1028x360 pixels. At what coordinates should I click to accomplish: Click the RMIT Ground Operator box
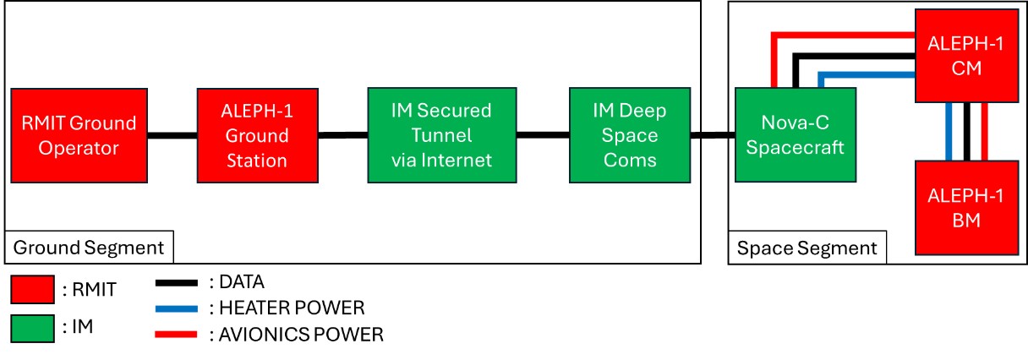[x=79, y=135]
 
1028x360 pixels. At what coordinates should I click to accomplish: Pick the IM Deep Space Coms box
[x=630, y=135]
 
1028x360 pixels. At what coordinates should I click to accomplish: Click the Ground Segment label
[x=89, y=248]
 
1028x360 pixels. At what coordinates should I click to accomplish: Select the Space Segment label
[x=807, y=248]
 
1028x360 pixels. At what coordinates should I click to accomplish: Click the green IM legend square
[x=32, y=327]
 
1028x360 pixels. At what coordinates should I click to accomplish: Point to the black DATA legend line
[x=178, y=283]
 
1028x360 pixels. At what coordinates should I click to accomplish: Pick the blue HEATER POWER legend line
[x=178, y=308]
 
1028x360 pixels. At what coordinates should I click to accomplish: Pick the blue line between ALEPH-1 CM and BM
[x=951, y=132]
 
